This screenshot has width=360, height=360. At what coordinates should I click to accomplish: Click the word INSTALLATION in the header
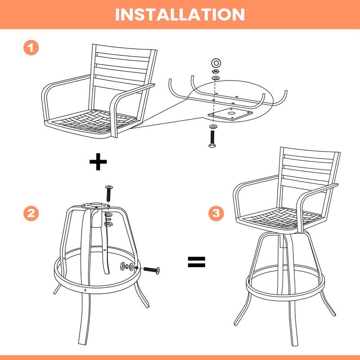point(180,14)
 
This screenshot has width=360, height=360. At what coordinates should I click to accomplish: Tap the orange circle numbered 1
point(31,48)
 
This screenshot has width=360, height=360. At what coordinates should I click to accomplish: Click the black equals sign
point(197,262)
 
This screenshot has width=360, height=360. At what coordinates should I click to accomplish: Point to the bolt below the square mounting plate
point(212,139)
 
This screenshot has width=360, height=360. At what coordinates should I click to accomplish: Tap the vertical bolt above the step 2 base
point(108,193)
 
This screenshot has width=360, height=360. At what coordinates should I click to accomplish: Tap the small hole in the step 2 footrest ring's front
point(85,290)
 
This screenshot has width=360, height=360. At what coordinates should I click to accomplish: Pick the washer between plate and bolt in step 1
point(212,127)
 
